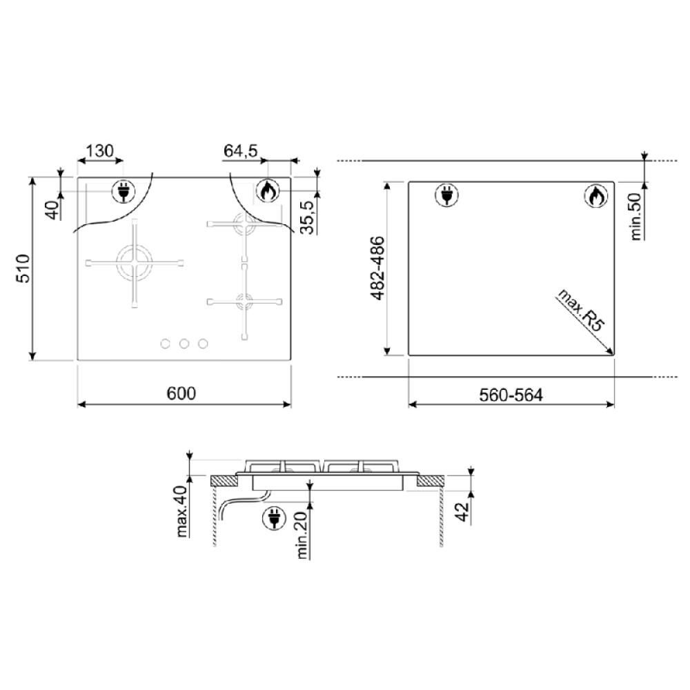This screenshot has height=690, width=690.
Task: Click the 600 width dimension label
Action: pos(181,393)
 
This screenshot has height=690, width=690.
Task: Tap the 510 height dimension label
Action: pos(23,268)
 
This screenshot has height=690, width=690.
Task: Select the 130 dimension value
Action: pos(99,151)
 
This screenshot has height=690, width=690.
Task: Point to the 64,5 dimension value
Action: pos(240,151)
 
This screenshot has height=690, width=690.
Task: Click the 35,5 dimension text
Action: pos(308,217)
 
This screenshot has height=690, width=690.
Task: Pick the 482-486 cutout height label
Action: pos(377,268)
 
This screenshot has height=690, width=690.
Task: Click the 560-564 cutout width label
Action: pos(511,395)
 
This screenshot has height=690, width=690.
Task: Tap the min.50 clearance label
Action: pos(636,217)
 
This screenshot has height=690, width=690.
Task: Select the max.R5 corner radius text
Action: pos(582,310)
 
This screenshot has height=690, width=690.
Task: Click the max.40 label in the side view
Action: pos(181,511)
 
